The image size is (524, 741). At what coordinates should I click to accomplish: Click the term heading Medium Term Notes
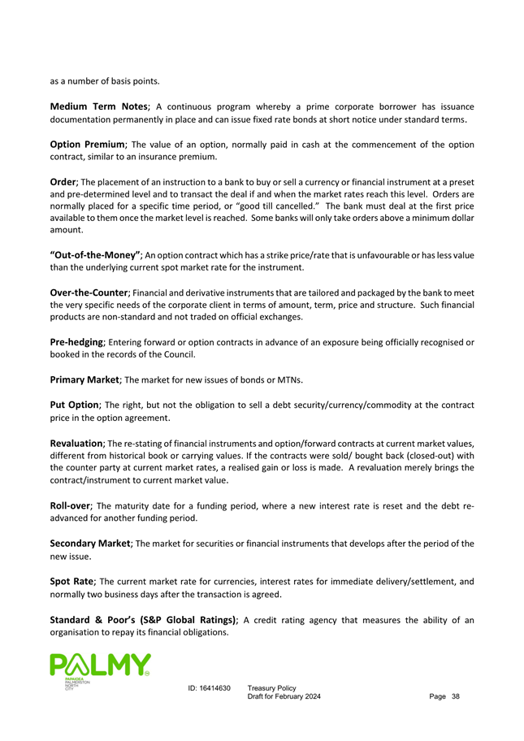point(98,106)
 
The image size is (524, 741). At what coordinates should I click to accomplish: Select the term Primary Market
point(85,379)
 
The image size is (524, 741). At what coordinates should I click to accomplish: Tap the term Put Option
point(75,404)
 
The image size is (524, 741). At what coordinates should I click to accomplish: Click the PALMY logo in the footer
point(100,668)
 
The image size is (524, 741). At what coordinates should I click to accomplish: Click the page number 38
point(455,697)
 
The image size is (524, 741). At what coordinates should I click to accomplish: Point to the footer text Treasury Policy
point(271,688)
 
